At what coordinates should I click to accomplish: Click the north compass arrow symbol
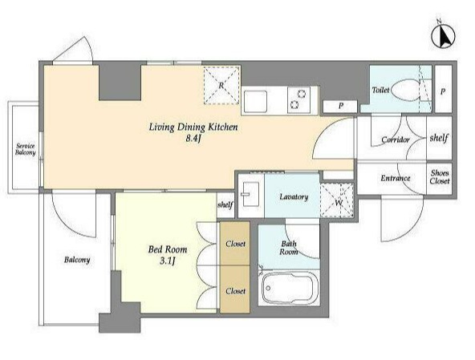pos(443,36)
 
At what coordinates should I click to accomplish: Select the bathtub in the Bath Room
pos(289,288)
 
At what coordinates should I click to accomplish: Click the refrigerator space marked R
pos(221,85)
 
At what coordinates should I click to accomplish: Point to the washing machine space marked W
pos(337,200)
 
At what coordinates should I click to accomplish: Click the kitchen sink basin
pos(255,101)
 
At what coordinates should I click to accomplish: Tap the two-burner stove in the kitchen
pos(298,99)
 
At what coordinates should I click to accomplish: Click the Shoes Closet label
pos(440,177)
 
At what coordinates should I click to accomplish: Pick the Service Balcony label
pos(26,149)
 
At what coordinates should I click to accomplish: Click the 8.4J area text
pos(193,139)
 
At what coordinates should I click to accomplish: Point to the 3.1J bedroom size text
pos(168,261)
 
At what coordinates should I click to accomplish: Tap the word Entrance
pos(396,178)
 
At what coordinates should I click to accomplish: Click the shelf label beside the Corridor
pos(439,138)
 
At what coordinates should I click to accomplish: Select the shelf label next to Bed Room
pos(225,205)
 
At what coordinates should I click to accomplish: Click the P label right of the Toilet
pos(443,91)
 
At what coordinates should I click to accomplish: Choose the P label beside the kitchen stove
pos(341,106)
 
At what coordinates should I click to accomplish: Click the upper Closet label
pos(235,244)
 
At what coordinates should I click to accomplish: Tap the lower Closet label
pos(235,291)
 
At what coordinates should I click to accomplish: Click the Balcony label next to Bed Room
pos(77,260)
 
